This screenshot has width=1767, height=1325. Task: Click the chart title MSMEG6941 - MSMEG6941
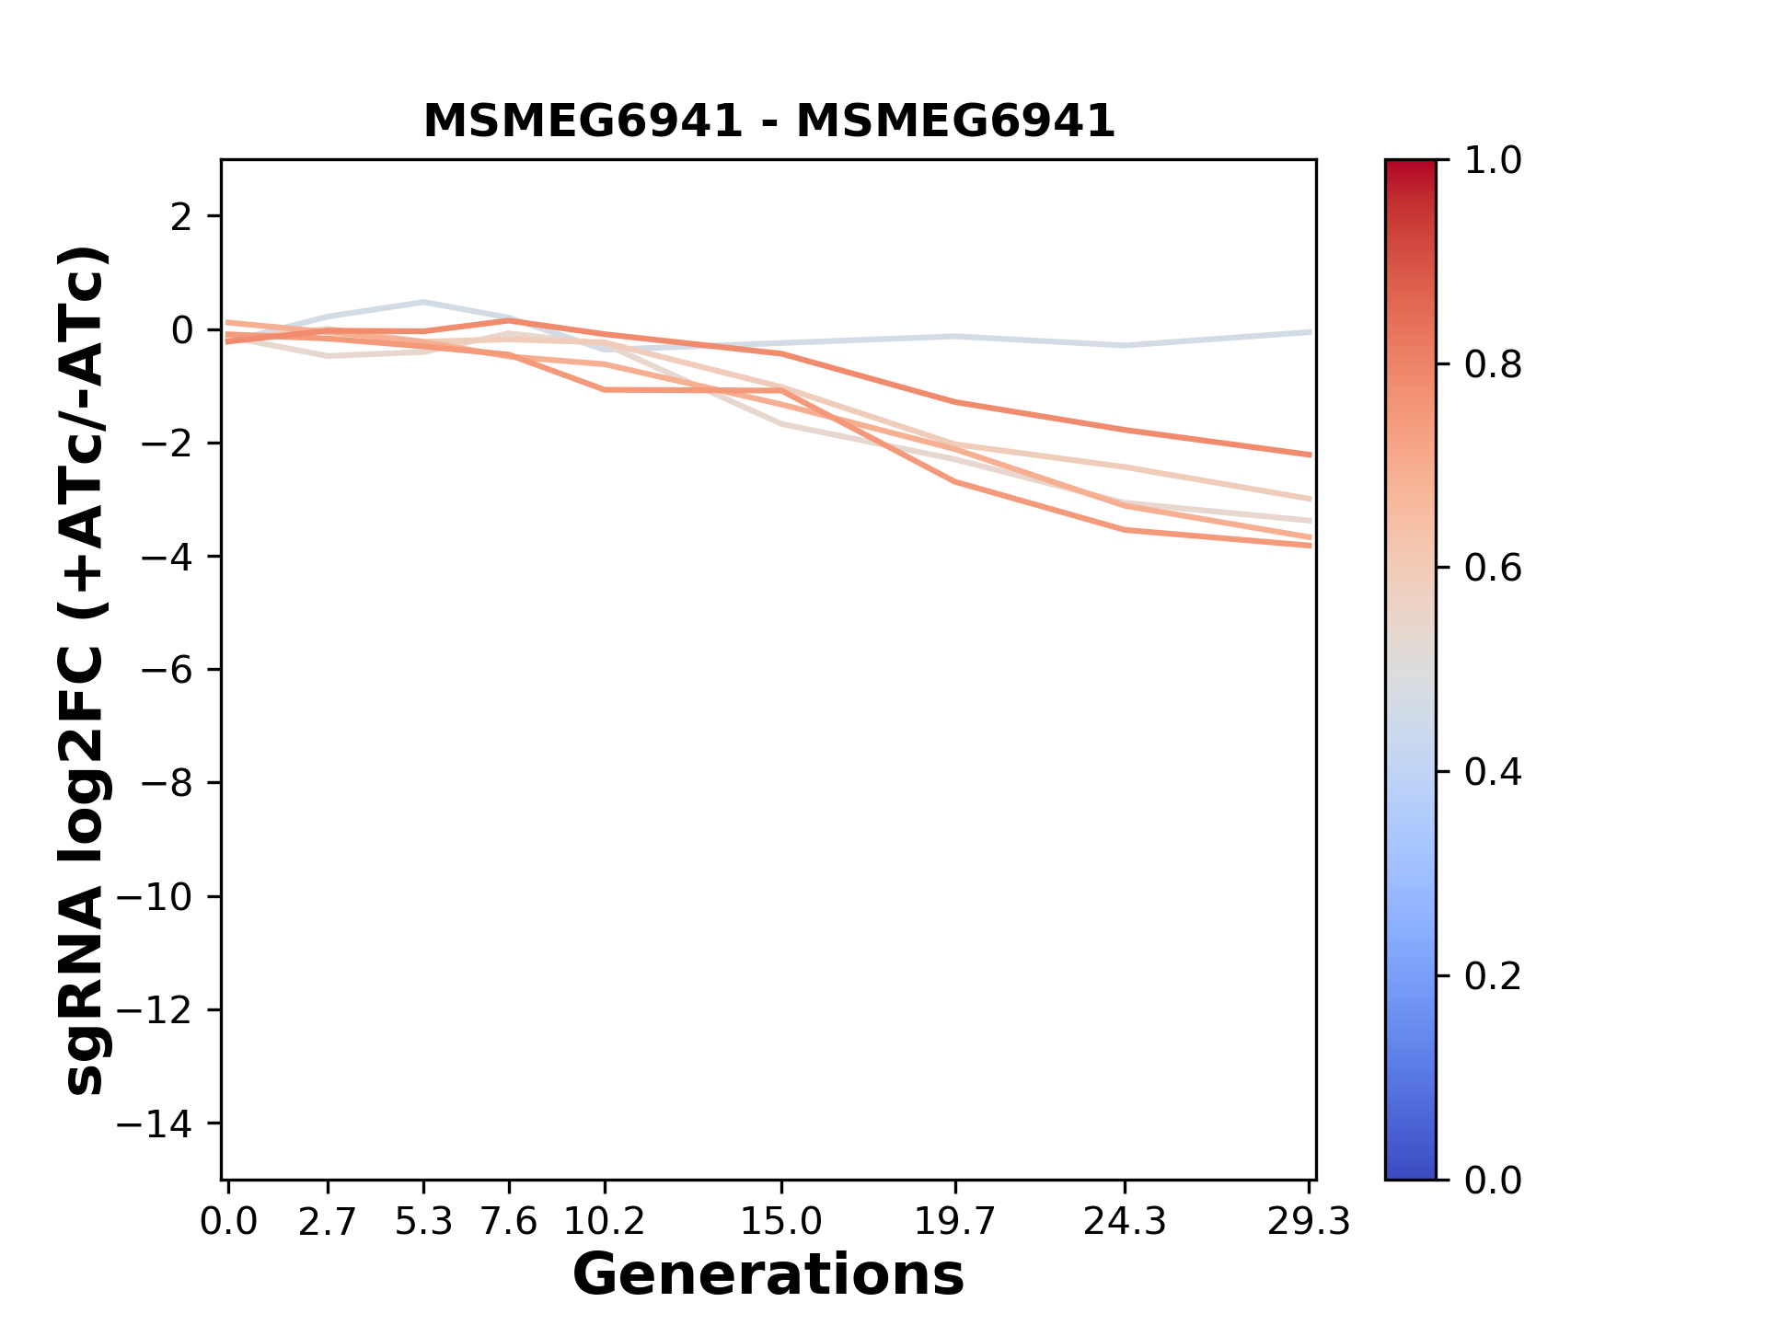[x=768, y=121]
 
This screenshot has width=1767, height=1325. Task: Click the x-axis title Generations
[x=768, y=1274]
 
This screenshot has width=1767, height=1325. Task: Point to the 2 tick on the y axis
[x=181, y=217]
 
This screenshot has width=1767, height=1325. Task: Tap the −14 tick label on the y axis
[x=155, y=1124]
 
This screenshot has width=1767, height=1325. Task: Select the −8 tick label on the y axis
[x=167, y=784]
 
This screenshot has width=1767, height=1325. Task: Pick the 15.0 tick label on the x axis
[x=781, y=1222]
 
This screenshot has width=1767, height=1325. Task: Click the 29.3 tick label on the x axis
[x=1309, y=1222]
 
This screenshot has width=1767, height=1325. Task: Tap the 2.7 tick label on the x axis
[x=328, y=1222]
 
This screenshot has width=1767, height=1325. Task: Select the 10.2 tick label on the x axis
[x=604, y=1222]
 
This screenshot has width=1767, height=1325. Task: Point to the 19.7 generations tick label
[x=955, y=1222]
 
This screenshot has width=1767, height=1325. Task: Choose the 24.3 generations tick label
[x=1124, y=1222]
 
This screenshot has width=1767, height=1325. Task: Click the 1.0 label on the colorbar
[x=1493, y=161]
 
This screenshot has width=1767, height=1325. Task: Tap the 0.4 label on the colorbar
[x=1493, y=772]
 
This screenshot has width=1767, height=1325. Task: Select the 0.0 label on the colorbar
[x=1493, y=1180]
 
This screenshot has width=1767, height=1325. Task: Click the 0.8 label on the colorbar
[x=1493, y=365]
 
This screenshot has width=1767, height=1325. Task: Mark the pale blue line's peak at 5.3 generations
[x=423, y=302]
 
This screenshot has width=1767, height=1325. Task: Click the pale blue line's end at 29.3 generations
[x=1309, y=332]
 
